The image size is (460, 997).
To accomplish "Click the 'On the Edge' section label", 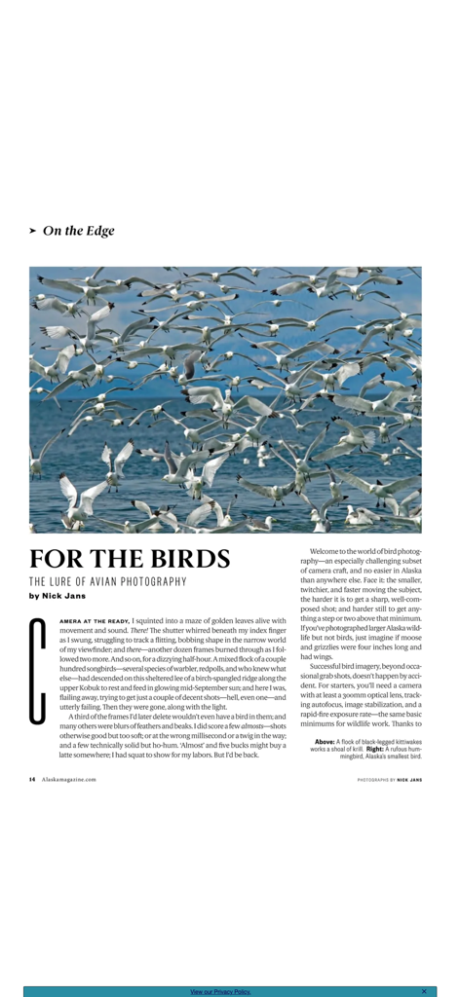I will tap(78, 231).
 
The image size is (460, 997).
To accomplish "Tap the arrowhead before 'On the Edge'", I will tap(33, 231).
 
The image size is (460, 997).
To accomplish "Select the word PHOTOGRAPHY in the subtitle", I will tap(154, 581).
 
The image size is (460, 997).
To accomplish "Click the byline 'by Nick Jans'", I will tap(57, 595).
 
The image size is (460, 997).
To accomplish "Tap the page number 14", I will tap(32, 779).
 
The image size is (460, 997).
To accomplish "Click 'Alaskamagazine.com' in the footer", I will tap(69, 779).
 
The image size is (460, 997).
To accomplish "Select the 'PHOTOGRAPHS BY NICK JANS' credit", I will tap(389, 779).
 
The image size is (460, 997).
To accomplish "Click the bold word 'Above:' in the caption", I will tap(325, 742).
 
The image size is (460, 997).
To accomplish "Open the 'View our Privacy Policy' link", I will tap(220, 991).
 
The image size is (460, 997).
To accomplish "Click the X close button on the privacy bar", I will tap(424, 991).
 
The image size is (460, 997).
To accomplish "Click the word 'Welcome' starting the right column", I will tap(327, 551).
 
